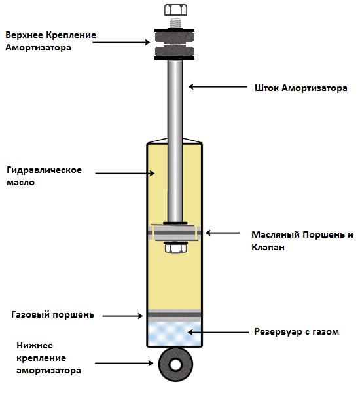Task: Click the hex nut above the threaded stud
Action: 175,10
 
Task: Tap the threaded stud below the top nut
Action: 175,24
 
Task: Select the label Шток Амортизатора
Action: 301,88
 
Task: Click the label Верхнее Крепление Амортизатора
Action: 50,41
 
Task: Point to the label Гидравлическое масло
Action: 44,176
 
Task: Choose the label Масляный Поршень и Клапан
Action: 302,241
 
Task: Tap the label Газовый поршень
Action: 53,315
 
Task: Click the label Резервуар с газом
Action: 297,332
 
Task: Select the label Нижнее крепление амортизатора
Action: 48,358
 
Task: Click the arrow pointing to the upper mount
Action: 121,42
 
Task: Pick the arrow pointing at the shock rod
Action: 218,87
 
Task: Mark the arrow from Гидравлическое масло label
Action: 124,173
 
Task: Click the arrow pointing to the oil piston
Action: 223,233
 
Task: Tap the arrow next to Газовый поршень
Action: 122,316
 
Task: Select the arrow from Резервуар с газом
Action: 218,332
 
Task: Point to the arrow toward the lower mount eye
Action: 124,363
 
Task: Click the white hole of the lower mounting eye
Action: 175,365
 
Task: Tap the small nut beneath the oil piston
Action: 175,248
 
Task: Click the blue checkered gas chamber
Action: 175,334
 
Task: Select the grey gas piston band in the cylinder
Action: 175,315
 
